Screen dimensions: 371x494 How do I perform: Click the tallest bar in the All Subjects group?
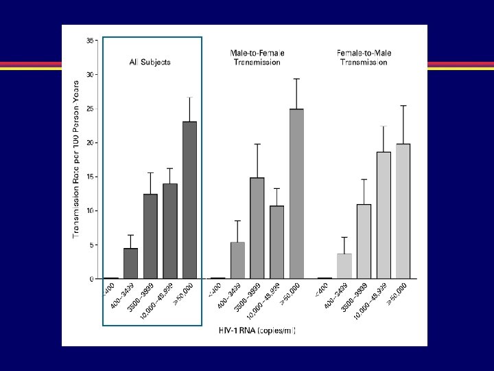click(x=189, y=200)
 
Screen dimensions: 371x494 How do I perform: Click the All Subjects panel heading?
click(x=150, y=62)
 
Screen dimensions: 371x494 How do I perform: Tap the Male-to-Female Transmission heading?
click(x=257, y=57)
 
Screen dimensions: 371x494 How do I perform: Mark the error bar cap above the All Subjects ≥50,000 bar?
click(x=189, y=98)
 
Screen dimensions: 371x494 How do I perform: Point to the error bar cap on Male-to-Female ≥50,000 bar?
click(x=296, y=79)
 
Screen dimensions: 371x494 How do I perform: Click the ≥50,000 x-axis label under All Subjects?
click(x=184, y=294)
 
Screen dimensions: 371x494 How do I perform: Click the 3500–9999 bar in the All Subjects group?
click(x=150, y=236)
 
